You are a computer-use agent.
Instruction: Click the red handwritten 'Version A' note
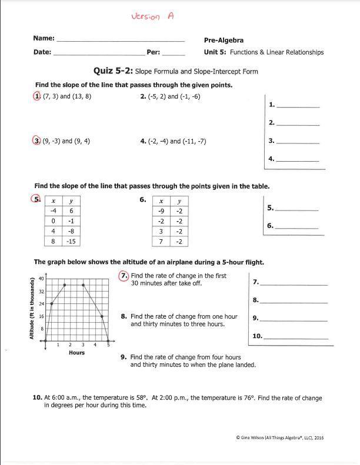(152, 16)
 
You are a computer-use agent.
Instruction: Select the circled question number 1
(38, 96)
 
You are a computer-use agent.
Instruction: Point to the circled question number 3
(38, 140)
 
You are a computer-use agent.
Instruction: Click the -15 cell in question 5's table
(71, 242)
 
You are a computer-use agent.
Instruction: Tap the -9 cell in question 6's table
(161, 211)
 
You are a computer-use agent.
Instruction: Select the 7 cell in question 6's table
(161, 242)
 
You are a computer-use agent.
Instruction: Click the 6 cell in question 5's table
(71, 211)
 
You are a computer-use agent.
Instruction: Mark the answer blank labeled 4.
(298, 159)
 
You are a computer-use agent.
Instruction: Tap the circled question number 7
(124, 275)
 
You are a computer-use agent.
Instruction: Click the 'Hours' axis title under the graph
(76, 353)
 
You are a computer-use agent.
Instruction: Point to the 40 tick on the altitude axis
(41, 279)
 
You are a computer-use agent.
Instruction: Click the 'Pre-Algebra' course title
(224, 41)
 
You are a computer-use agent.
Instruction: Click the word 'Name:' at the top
(44, 38)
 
